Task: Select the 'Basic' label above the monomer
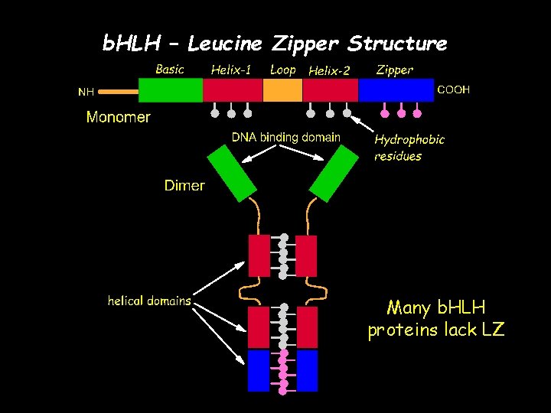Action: [x=169, y=70]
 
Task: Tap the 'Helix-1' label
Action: [x=231, y=70]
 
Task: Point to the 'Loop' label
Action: [x=282, y=70]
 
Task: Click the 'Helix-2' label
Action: [x=328, y=71]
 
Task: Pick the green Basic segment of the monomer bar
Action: [x=170, y=90]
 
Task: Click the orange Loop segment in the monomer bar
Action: [x=282, y=90]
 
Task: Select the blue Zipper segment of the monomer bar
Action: [x=396, y=90]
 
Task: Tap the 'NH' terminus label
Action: [x=86, y=92]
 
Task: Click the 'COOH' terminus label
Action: [x=453, y=90]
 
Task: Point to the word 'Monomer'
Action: [x=118, y=118]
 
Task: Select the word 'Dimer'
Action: [x=184, y=186]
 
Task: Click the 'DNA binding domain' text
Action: [x=286, y=138]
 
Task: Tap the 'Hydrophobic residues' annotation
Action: [x=409, y=148]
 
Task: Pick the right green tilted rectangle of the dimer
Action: [x=334, y=174]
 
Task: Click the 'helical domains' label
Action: [x=149, y=301]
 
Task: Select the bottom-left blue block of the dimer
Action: [x=259, y=370]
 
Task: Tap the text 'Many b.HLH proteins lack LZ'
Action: [x=436, y=319]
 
